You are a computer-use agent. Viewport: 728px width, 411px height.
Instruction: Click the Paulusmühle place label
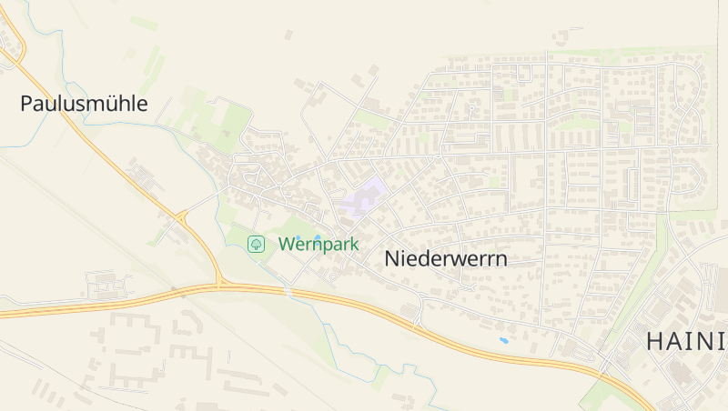(84, 104)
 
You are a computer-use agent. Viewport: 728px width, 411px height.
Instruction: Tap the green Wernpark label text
(318, 244)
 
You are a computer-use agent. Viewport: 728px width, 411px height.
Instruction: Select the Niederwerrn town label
(446, 258)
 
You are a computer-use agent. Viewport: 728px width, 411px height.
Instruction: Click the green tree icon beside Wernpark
(257, 244)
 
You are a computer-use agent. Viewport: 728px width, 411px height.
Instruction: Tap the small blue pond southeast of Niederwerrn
(503, 341)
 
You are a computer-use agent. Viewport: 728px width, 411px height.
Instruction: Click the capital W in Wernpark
(287, 244)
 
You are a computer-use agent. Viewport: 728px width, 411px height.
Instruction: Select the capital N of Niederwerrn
(392, 258)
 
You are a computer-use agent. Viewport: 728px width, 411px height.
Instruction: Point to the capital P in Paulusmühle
(25, 104)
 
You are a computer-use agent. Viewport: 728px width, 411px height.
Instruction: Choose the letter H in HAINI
(656, 342)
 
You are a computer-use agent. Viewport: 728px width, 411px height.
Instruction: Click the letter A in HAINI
(679, 342)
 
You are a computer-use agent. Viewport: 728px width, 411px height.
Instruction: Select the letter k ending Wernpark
(354, 244)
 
